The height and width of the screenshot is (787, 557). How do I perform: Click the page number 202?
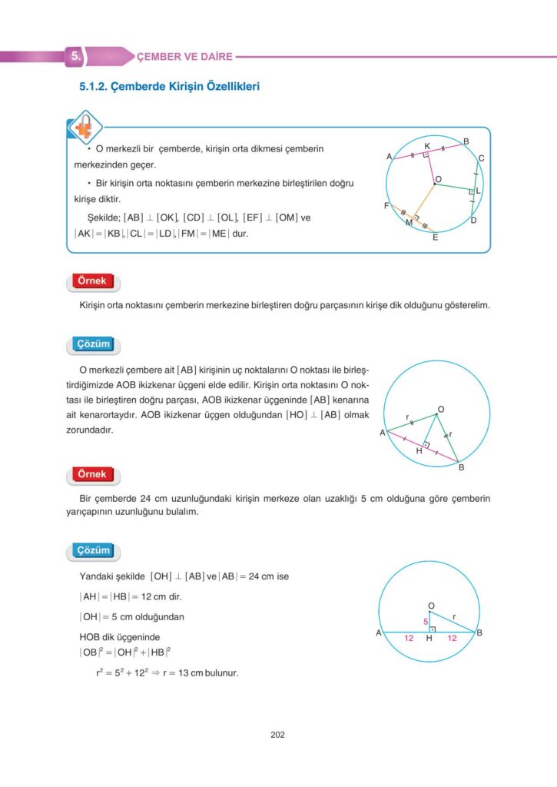pyautogui.click(x=278, y=735)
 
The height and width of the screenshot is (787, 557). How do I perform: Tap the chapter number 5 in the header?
pyautogui.click(x=75, y=56)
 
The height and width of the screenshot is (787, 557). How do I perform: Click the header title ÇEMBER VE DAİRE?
pyautogui.click(x=184, y=56)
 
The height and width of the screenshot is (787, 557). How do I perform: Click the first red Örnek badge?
pyautogui.click(x=93, y=281)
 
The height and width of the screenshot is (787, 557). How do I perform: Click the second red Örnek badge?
pyautogui.click(x=93, y=474)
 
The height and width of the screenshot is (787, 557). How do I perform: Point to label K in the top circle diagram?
pyautogui.click(x=427, y=145)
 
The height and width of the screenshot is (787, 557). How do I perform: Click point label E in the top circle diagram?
pyautogui.click(x=435, y=237)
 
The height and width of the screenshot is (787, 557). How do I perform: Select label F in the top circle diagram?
pyautogui.click(x=386, y=206)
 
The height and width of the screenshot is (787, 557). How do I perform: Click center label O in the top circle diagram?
pyautogui.click(x=438, y=179)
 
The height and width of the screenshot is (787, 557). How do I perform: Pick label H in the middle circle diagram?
pyautogui.click(x=419, y=451)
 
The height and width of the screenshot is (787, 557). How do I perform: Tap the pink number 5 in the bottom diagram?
pyautogui.click(x=424, y=621)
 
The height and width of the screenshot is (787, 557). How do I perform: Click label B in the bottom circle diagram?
pyautogui.click(x=479, y=633)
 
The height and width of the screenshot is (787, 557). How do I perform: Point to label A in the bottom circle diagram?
pyautogui.click(x=379, y=633)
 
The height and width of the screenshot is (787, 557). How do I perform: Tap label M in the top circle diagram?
pyautogui.click(x=409, y=223)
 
